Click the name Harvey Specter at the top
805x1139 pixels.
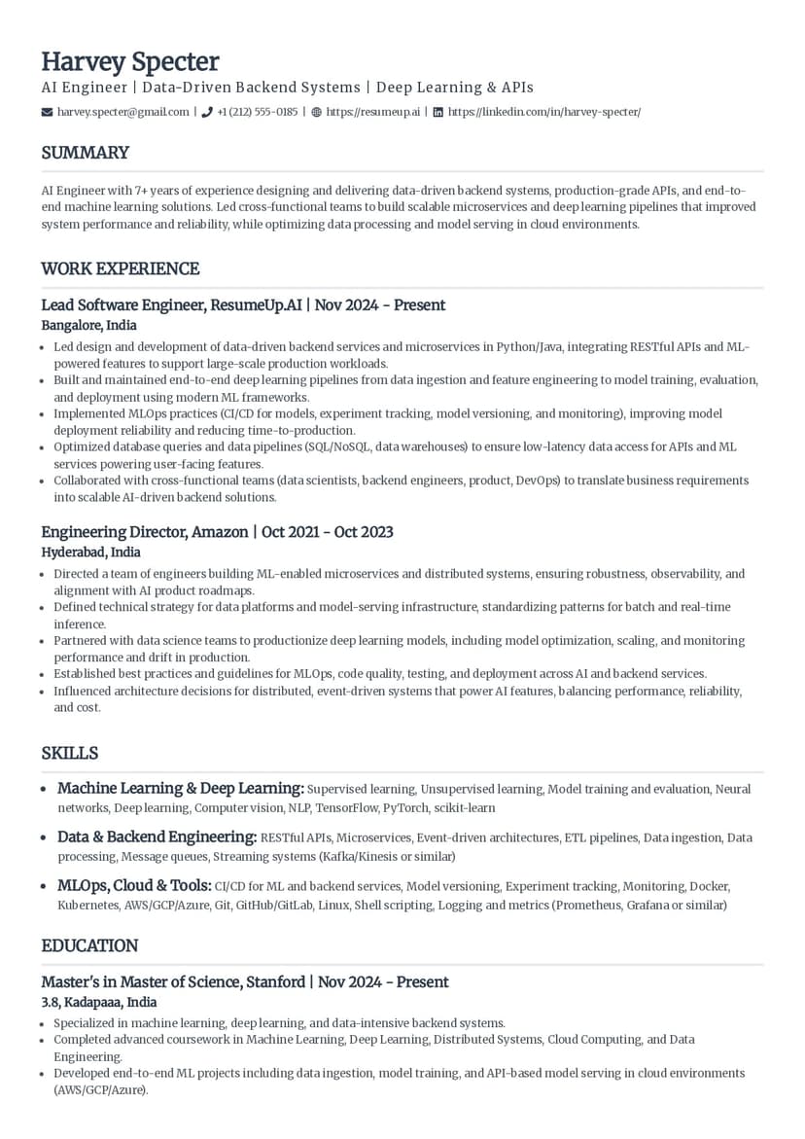tap(129, 61)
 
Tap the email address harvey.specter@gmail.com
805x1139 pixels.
tap(122, 112)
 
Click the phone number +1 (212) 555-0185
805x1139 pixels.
tap(257, 112)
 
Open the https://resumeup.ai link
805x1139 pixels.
tap(372, 112)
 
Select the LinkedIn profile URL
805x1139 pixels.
tap(543, 112)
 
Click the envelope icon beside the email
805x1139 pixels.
tap(47, 112)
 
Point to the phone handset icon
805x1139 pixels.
tap(207, 112)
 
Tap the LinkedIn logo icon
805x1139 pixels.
tap(437, 112)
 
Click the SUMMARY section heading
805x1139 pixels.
tap(85, 153)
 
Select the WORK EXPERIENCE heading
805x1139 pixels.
tap(120, 268)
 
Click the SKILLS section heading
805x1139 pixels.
tap(69, 753)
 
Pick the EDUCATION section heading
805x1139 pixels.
tap(89, 945)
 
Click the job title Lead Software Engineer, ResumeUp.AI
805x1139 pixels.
tap(171, 305)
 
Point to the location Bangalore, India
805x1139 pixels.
tap(88, 325)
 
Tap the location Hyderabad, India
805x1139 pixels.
tap(90, 552)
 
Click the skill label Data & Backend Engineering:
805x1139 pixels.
tap(157, 836)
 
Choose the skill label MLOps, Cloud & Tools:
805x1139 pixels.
tap(134, 885)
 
